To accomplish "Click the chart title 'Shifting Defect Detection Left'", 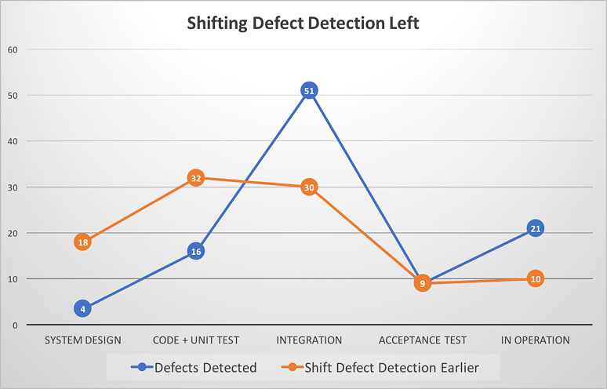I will pyautogui.click(x=303, y=23).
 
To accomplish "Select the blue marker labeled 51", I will pyautogui.click(x=309, y=91).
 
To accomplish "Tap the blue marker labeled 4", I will pyautogui.click(x=82, y=308).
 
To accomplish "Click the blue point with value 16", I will pyautogui.click(x=196, y=252).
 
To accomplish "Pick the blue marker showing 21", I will pyautogui.click(x=535, y=228).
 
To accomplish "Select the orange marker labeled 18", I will pyautogui.click(x=82, y=242).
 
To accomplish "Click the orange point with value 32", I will pyautogui.click(x=196, y=178).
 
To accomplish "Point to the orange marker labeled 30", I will pyautogui.click(x=309, y=187).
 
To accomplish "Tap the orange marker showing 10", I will pyautogui.click(x=535, y=278).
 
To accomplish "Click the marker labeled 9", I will pyautogui.click(x=422, y=283).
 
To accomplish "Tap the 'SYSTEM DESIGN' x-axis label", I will pyautogui.click(x=82, y=340).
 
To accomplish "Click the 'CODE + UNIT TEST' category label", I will pyautogui.click(x=196, y=340).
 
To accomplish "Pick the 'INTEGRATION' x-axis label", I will pyautogui.click(x=309, y=340).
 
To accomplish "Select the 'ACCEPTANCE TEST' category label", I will pyautogui.click(x=422, y=340).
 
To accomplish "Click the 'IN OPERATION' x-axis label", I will pyautogui.click(x=535, y=340).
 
